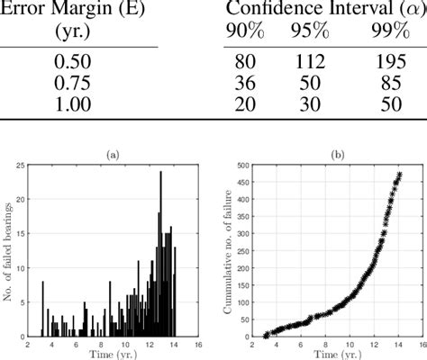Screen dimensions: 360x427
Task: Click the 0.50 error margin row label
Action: pyautogui.click(x=78, y=63)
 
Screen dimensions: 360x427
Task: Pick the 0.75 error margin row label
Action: pyautogui.click(x=78, y=83)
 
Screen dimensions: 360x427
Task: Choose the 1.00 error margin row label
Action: pyautogui.click(x=78, y=103)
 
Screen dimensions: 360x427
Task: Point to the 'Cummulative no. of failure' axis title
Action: pyautogui.click(x=232, y=250)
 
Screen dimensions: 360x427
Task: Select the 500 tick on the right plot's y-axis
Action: pyautogui.click(x=241, y=166)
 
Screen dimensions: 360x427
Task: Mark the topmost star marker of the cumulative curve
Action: pyautogui.click(x=399, y=175)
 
